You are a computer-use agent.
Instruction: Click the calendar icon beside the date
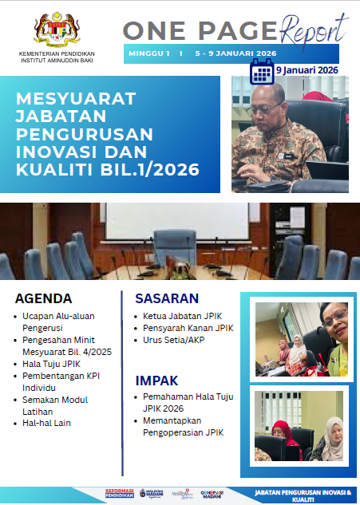[x=262, y=73]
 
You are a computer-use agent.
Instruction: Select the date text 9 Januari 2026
[x=307, y=70]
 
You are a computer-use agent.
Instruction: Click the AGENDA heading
[x=44, y=299]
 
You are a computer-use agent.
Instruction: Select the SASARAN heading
[x=167, y=298]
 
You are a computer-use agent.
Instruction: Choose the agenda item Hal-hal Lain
[x=47, y=423]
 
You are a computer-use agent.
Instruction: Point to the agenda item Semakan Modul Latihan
[x=54, y=404]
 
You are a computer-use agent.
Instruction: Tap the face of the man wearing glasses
[x=266, y=103]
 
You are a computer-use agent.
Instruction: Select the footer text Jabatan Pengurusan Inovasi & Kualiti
[x=301, y=495]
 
